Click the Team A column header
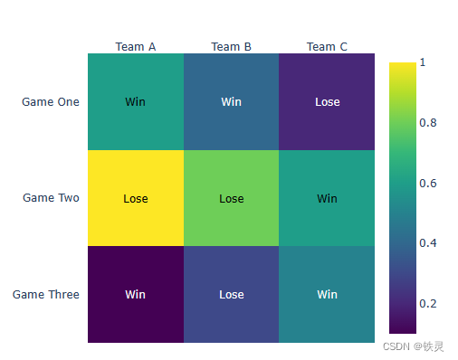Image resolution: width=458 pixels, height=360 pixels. pyautogui.click(x=136, y=47)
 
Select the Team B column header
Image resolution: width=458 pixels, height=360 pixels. pyautogui.click(x=231, y=47)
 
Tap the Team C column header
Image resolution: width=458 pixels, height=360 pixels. pyautogui.click(x=327, y=47)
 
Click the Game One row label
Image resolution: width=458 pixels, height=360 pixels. pyautogui.click(x=51, y=102)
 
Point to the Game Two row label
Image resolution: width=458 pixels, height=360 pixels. pyautogui.click(x=51, y=198)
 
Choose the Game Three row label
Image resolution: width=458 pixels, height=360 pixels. pyautogui.click(x=46, y=294)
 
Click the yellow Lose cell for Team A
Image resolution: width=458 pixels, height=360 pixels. pyautogui.click(x=136, y=198)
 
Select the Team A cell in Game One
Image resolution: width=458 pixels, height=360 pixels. pyautogui.click(x=136, y=102)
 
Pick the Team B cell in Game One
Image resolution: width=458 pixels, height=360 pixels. pyautogui.click(x=231, y=102)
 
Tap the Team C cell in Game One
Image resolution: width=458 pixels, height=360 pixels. pyautogui.click(x=327, y=102)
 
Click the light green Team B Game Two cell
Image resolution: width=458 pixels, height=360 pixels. pyautogui.click(x=231, y=198)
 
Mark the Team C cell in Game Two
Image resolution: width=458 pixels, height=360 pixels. pyautogui.click(x=327, y=198)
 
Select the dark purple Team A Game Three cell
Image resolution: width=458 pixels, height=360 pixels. pyautogui.click(x=136, y=294)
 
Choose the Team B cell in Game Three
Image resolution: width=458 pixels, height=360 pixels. pyautogui.click(x=231, y=294)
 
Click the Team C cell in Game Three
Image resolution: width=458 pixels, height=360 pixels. pyautogui.click(x=327, y=294)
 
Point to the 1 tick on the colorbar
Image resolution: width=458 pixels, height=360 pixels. pyautogui.click(x=423, y=62)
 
